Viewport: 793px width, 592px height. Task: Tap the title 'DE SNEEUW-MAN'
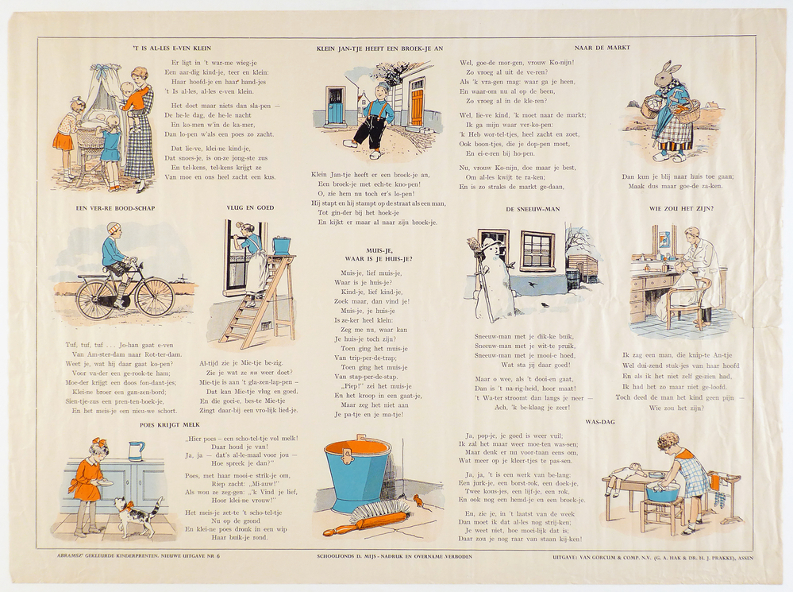tap(532, 209)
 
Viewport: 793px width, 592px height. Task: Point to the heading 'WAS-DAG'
tap(601, 421)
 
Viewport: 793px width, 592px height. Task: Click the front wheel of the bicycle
tap(155, 297)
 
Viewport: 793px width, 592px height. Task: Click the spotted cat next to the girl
tap(137, 515)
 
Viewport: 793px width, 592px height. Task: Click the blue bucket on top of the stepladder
tap(281, 244)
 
